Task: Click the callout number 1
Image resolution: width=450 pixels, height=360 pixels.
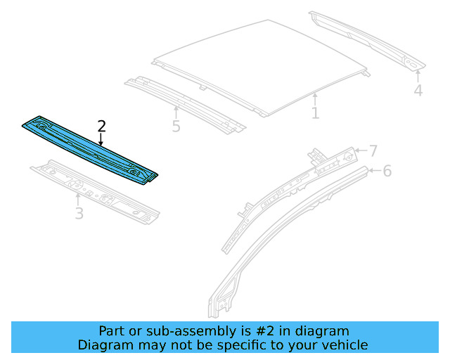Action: tap(316, 112)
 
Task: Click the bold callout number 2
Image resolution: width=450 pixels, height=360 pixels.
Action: tap(102, 127)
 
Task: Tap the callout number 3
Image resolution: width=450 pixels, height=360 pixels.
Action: tap(79, 213)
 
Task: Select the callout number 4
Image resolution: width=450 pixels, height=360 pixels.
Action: tap(418, 91)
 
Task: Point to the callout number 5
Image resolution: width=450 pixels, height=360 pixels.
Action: tap(176, 127)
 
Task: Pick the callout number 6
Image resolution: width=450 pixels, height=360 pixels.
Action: tap(387, 171)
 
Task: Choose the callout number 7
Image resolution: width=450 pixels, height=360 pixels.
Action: tap(373, 150)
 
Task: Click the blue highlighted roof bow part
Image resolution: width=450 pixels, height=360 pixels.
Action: tap(91, 150)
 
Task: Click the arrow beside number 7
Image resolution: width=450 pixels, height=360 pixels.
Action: tap(359, 150)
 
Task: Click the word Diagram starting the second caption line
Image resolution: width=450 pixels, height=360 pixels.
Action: tap(103, 345)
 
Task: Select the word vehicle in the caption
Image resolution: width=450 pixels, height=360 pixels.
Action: tap(342, 345)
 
